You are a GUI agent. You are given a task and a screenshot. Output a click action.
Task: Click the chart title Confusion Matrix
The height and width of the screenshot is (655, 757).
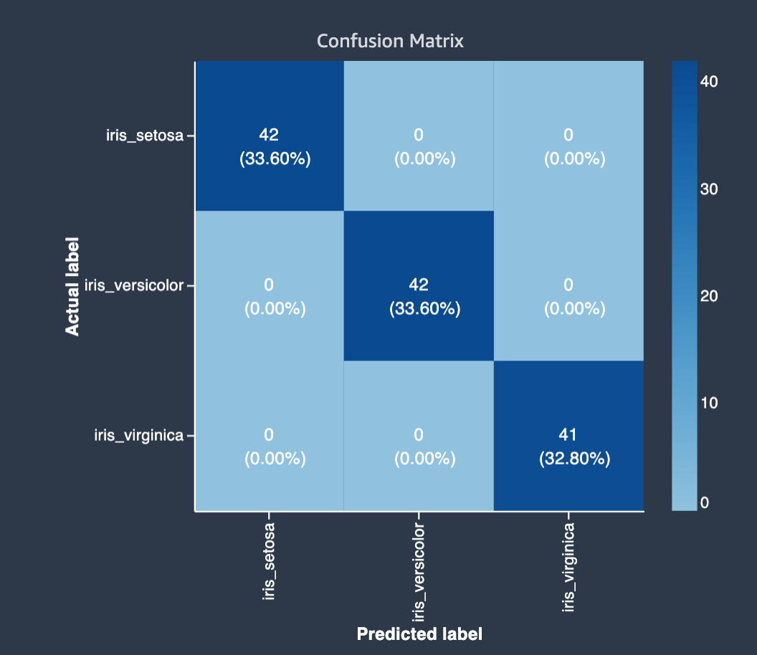(390, 41)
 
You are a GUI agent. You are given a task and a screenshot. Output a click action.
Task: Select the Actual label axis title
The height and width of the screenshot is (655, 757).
(72, 286)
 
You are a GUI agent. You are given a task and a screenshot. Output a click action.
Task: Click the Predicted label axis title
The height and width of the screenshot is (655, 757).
(419, 634)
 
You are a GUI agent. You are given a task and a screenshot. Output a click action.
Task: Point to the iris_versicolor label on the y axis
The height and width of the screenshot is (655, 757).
(134, 285)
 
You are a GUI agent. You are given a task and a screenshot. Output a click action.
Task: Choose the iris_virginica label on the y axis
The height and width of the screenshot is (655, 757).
(139, 435)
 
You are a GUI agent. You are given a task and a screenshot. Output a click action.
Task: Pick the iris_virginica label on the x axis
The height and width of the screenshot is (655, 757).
(569, 568)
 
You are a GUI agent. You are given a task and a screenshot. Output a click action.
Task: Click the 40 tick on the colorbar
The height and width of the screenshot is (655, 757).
(709, 82)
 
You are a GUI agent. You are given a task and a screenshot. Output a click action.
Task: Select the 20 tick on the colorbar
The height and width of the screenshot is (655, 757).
(709, 296)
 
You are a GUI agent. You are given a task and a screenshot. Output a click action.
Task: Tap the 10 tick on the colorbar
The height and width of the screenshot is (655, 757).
(709, 403)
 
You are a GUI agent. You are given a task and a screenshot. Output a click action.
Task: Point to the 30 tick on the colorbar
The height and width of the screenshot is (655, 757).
(709, 189)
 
